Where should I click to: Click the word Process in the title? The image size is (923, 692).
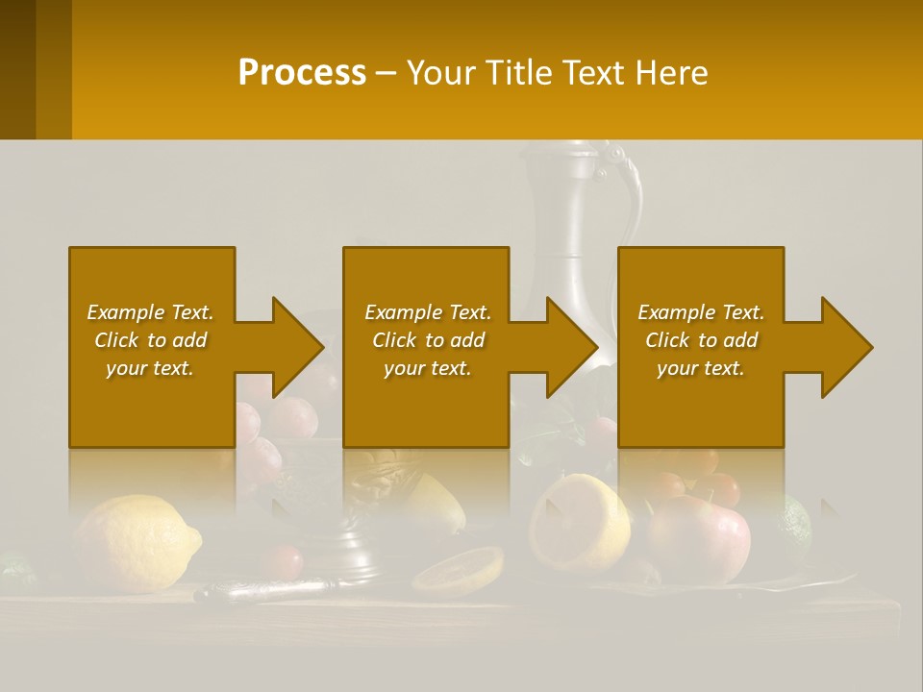[302, 73]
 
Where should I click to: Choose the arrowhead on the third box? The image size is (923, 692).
[846, 347]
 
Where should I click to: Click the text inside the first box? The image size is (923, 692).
[151, 340]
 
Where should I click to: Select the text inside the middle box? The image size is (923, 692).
[427, 340]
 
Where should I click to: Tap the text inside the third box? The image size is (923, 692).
[701, 340]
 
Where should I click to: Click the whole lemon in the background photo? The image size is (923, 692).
[136, 543]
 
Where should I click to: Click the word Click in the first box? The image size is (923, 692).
[116, 340]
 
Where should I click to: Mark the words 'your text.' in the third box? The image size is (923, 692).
[701, 368]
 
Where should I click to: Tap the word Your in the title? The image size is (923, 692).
[442, 73]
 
